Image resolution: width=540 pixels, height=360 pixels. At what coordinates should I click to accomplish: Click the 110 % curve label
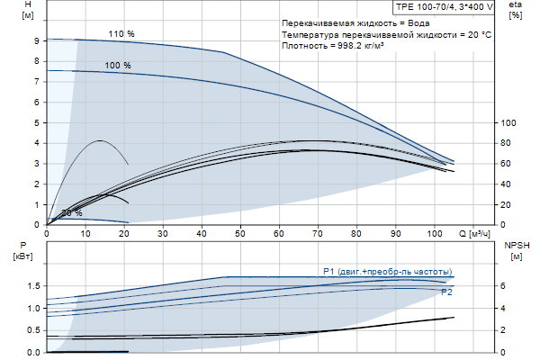tap(121, 34)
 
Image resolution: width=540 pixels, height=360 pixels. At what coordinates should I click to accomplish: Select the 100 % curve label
tap(118, 66)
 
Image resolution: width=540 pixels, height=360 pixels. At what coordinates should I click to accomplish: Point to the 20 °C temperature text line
tap(386, 34)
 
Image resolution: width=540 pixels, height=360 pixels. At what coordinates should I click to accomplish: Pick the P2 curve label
tap(446, 292)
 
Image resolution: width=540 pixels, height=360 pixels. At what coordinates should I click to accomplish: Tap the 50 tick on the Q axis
tap(241, 234)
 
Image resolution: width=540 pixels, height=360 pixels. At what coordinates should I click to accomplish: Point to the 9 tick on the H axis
tap(35, 40)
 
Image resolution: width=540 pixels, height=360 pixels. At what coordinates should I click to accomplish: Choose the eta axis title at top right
tap(515, 10)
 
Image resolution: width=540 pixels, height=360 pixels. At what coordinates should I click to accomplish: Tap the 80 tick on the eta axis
tap(507, 143)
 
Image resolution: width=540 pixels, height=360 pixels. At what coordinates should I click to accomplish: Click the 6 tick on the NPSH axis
tap(503, 286)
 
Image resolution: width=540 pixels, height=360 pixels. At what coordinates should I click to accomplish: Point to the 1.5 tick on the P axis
tap(32, 286)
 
